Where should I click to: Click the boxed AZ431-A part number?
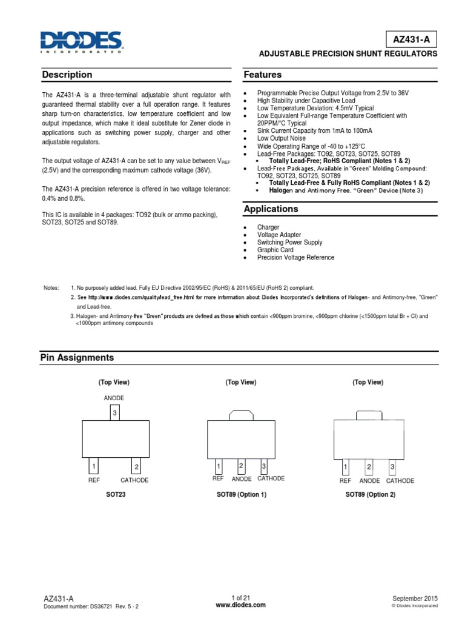point(412,39)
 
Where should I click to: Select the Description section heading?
point(67,75)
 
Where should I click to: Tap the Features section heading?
point(262,75)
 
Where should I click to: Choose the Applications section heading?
point(271,209)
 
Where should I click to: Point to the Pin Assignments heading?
point(77,358)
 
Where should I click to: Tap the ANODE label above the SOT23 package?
point(114,398)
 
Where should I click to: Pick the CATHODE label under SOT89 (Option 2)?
point(400,480)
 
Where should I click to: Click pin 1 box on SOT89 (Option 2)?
point(345,467)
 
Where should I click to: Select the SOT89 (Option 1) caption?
point(241,495)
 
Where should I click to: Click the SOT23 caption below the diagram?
point(114,495)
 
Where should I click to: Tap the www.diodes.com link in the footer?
point(240,605)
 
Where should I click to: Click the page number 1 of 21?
point(240,597)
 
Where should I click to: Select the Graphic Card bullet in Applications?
point(275,250)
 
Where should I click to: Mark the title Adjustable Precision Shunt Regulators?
point(348,54)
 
